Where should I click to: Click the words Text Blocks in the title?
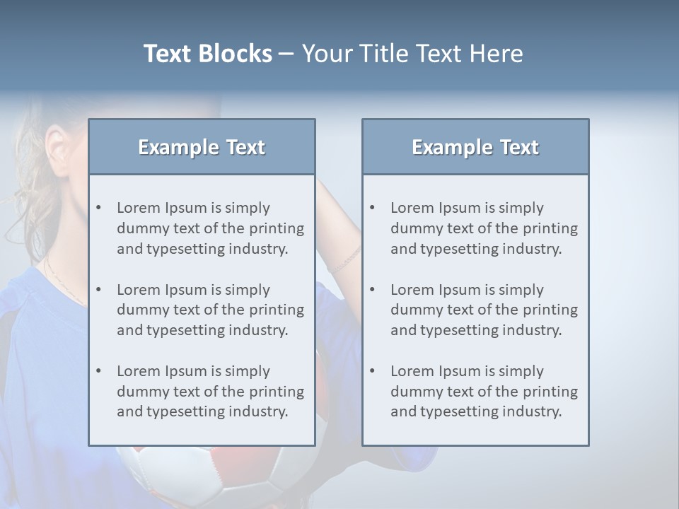[x=207, y=54]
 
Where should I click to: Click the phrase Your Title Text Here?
[x=412, y=54]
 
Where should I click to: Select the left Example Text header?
[x=202, y=147]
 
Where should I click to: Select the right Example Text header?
[x=475, y=147]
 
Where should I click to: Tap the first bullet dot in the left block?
[x=98, y=208]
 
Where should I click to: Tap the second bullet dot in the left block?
[x=98, y=290]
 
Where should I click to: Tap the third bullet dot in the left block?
[x=98, y=371]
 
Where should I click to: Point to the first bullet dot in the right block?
[x=372, y=208]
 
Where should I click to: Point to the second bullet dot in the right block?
[x=372, y=290]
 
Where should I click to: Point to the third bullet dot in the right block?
[x=372, y=371]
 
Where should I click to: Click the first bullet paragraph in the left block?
[x=210, y=228]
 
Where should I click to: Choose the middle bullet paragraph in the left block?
[x=210, y=310]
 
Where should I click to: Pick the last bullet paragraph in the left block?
[x=210, y=392]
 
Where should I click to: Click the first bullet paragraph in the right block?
[x=484, y=228]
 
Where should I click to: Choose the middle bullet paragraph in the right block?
[x=484, y=310]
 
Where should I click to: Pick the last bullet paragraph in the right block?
[x=484, y=392]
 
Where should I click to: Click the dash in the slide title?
[x=286, y=54]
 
